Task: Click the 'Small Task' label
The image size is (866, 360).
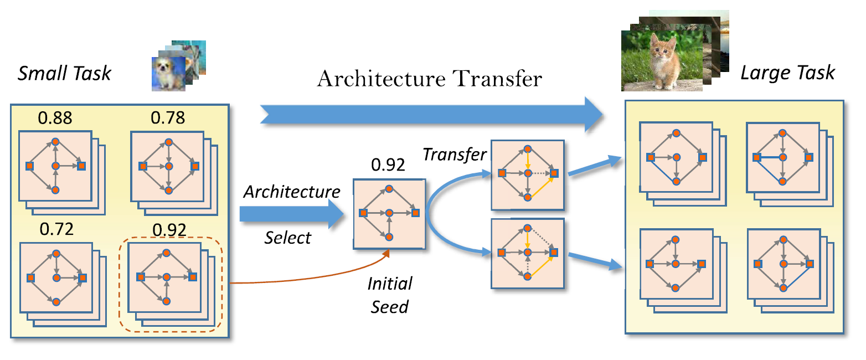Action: pos(64,73)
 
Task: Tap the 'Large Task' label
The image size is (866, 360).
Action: pos(787,73)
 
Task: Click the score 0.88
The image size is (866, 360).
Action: pos(55,118)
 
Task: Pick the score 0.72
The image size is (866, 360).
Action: pos(55,229)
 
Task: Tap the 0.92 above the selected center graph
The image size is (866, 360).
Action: pos(388,164)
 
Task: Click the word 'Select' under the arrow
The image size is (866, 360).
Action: pos(287,238)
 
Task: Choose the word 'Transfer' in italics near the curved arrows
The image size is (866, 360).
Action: pos(454,155)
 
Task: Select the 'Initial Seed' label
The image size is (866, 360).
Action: pos(390,295)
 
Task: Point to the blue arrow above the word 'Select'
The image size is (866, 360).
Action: pos(291,214)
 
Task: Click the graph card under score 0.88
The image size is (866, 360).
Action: pos(55,166)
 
